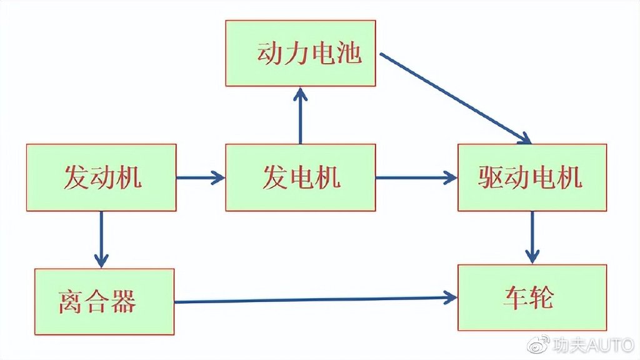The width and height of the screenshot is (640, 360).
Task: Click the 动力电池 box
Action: (x=301, y=53)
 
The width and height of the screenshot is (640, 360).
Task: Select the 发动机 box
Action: (x=101, y=177)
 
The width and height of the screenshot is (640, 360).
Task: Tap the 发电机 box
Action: (x=301, y=177)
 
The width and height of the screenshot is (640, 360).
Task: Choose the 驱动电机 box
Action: (x=532, y=177)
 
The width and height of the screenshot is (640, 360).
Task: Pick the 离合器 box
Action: (x=104, y=301)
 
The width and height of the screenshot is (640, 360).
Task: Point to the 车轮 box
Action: (x=532, y=297)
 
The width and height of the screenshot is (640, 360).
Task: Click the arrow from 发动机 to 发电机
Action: (x=201, y=178)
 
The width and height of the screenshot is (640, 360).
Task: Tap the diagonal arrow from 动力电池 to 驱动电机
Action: (x=455, y=98)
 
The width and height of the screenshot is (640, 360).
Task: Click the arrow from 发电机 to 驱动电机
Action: (x=416, y=178)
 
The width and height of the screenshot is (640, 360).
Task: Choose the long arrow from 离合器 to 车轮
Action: (x=316, y=299)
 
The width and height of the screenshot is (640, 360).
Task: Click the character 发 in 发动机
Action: (x=76, y=178)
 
